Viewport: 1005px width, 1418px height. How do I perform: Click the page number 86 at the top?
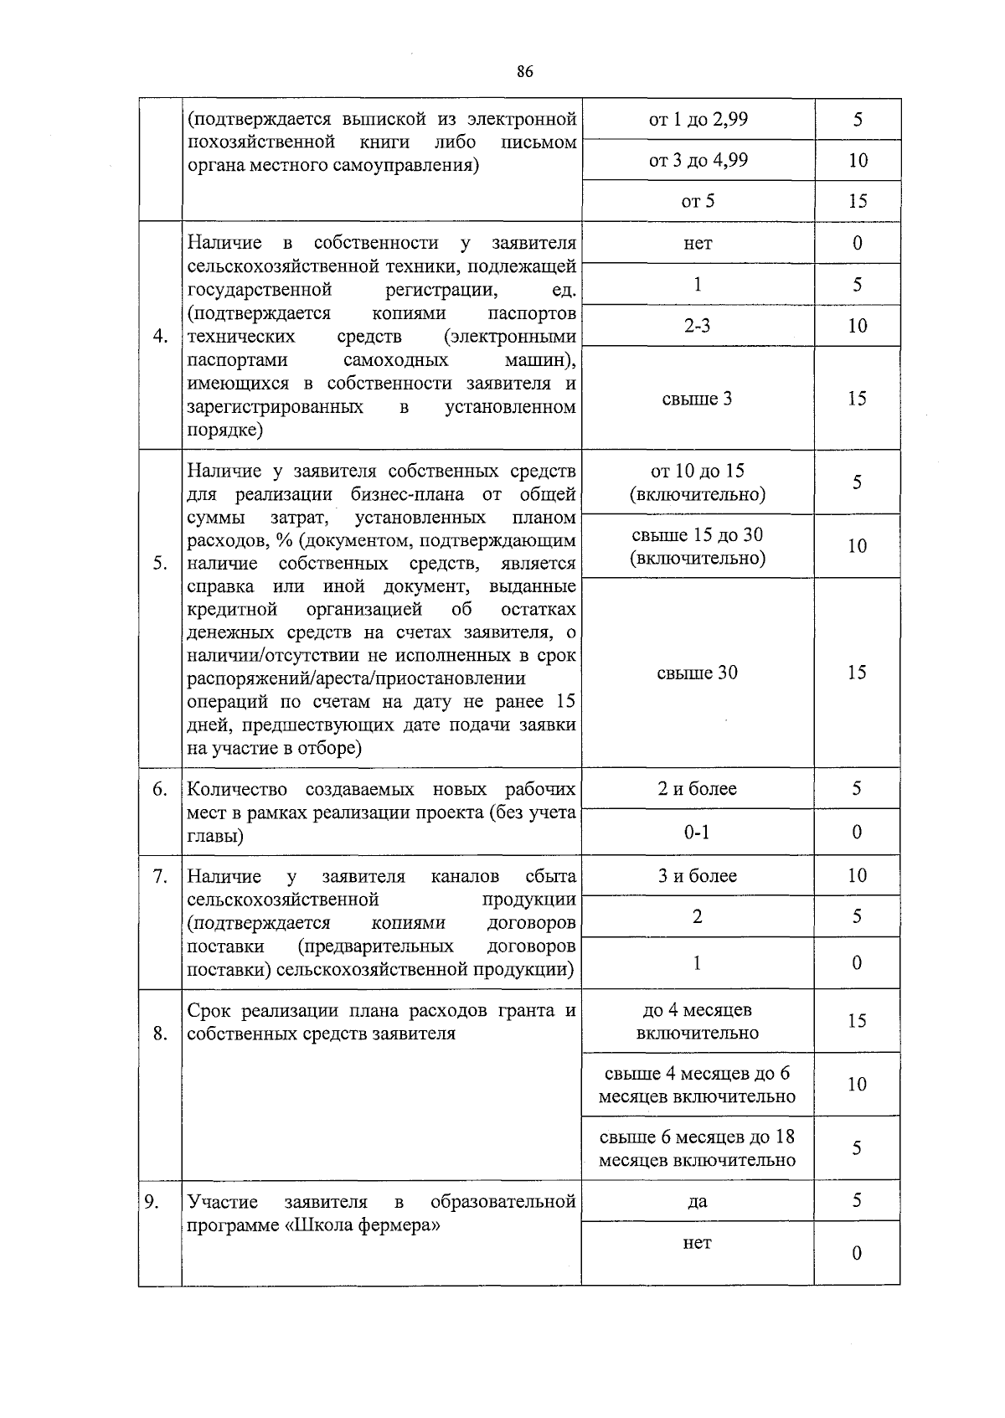(x=525, y=72)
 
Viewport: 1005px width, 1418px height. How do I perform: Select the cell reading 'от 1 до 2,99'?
(x=698, y=119)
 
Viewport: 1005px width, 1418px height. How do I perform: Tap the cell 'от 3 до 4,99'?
(x=698, y=160)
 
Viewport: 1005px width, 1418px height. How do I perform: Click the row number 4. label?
(x=161, y=337)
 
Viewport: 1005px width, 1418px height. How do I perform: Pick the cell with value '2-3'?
(x=697, y=326)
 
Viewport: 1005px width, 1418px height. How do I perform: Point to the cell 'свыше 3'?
(x=697, y=399)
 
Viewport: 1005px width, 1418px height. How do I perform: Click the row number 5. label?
(x=160, y=563)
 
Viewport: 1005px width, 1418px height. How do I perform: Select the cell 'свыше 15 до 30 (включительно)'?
(x=697, y=546)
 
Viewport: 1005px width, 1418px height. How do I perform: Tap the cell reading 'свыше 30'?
(x=697, y=673)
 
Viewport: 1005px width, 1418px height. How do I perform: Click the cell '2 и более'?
(x=697, y=788)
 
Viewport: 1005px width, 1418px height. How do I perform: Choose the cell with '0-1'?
(x=697, y=832)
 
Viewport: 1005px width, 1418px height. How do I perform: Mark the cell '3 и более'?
(x=697, y=876)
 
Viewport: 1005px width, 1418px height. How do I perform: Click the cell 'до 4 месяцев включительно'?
(x=697, y=1021)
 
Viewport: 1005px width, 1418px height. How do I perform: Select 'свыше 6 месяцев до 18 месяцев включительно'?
(x=697, y=1148)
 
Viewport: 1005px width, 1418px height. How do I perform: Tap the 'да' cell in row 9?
(x=697, y=1201)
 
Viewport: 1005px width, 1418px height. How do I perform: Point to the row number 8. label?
(x=160, y=1034)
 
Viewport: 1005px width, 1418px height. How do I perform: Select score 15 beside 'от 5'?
(x=857, y=201)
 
